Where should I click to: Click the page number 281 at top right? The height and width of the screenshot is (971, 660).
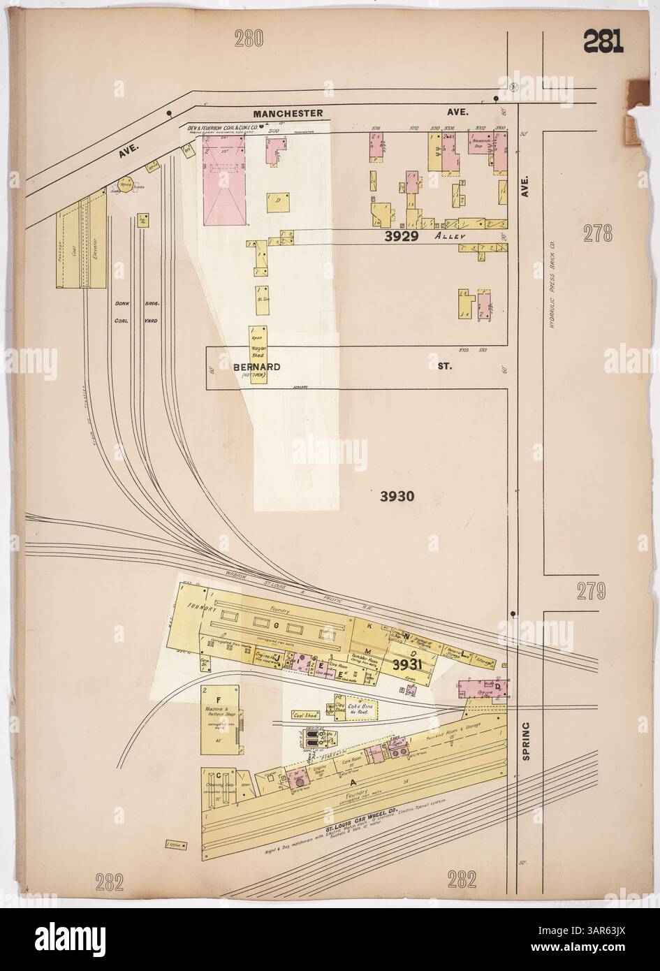coord(603,44)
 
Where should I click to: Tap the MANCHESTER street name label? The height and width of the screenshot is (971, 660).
coord(288,113)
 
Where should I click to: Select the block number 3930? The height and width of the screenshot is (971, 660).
coord(398,497)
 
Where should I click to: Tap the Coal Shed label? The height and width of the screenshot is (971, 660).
coord(305,715)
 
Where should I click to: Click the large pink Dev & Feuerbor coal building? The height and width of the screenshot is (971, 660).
coord(225,180)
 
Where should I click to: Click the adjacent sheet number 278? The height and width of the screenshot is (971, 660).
coord(599,234)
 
